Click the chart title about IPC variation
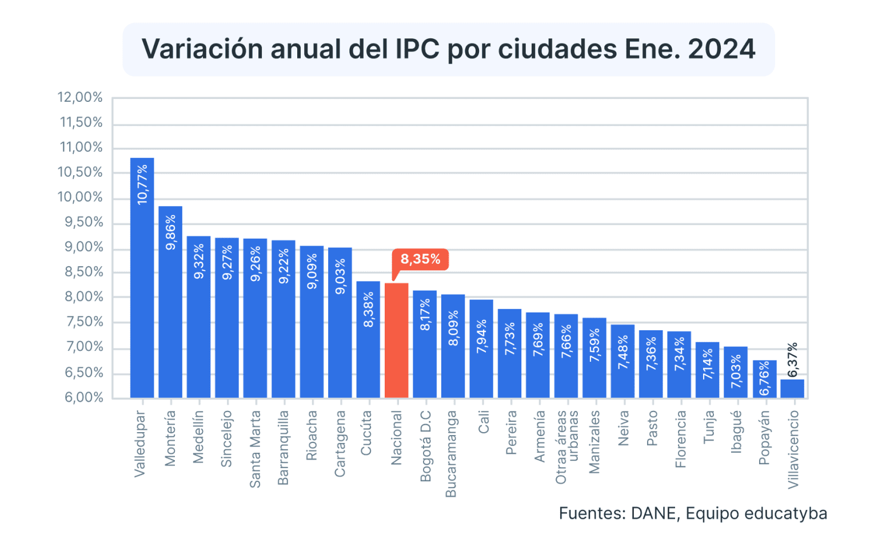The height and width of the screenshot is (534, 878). pos(448,49)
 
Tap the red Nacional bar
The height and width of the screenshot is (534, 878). pos(396,340)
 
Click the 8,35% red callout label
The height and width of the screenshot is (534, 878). pos(420,259)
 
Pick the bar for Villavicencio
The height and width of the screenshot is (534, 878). pos(792,389)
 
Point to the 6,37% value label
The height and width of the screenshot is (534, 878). pos(792,360)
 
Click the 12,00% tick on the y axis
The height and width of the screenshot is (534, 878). pos(80,97)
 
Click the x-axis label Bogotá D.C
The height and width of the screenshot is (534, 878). pos(425,446)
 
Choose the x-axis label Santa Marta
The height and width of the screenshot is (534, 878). pos(255,449)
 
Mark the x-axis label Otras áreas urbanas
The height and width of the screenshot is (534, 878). pos(567,446)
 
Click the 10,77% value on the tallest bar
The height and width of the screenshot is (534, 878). pos(142,184)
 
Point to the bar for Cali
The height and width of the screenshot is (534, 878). pos(481,349)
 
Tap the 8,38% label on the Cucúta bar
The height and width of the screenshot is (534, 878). pos(368,310)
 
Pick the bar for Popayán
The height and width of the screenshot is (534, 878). pos(764,379)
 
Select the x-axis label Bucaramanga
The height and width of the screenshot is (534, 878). pos(451,453)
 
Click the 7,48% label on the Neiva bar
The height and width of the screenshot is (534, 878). pos(622,353)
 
